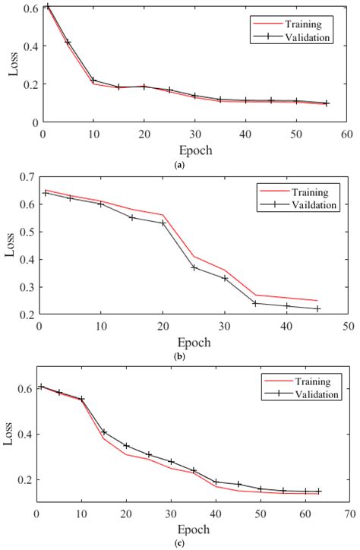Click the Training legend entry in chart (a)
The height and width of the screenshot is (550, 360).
click(x=299, y=24)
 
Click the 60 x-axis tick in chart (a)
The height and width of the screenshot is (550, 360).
click(x=346, y=134)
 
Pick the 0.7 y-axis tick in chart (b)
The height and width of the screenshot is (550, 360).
click(x=28, y=177)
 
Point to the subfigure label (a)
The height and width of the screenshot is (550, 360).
click(x=178, y=164)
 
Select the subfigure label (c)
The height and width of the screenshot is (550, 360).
click(x=178, y=542)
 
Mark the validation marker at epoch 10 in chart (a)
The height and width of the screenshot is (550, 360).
click(x=93, y=80)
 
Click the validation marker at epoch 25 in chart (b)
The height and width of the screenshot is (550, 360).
click(x=194, y=267)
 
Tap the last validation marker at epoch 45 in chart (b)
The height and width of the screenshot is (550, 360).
click(x=317, y=308)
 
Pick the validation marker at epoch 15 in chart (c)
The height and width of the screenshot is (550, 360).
click(x=104, y=432)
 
